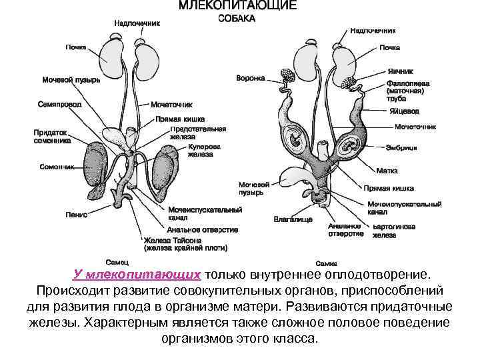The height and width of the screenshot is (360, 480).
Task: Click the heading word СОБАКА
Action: pyautogui.click(x=237, y=19)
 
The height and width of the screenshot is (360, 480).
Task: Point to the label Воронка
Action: pyautogui.click(x=250, y=78)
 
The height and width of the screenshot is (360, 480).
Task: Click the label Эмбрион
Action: pyautogui.click(x=401, y=148)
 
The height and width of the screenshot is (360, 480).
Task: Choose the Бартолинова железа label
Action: pyautogui.click(x=393, y=231)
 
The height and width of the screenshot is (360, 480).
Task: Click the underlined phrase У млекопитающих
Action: pyautogui.click(x=137, y=275)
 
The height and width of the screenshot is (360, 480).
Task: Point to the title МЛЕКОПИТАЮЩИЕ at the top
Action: pyautogui.click(x=237, y=5)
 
